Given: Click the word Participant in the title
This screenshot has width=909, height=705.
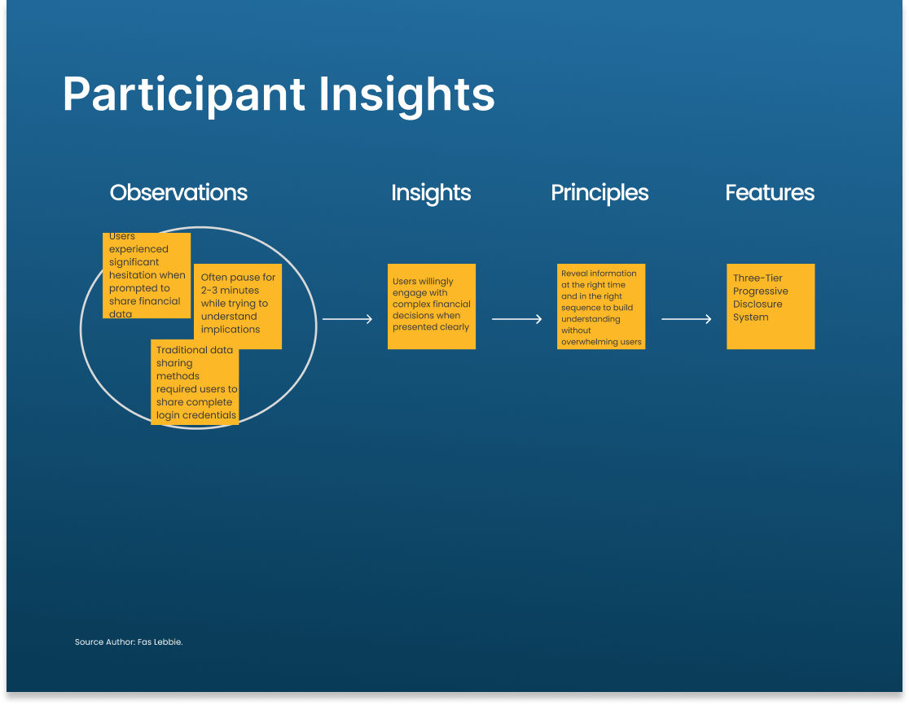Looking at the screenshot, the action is [x=184, y=95].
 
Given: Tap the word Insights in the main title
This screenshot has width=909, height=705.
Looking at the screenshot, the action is [x=407, y=95].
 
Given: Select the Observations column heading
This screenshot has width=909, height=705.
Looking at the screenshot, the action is [x=178, y=192].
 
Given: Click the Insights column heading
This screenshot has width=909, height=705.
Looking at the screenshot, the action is [x=431, y=194].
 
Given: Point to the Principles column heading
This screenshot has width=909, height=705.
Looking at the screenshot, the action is [x=599, y=194].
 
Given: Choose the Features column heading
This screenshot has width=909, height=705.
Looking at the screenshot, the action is [x=770, y=192].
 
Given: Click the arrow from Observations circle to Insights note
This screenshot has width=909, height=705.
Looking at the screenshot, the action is [x=347, y=318].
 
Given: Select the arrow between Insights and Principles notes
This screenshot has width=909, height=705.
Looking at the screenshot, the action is [x=516, y=318].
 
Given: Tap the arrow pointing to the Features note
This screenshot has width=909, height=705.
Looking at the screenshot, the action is [x=687, y=318].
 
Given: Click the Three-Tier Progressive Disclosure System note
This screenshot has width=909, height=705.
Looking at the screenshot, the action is [x=771, y=306].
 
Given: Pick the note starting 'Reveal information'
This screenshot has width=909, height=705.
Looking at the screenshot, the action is [x=601, y=306].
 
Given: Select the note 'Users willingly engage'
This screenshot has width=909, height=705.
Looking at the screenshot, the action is [x=432, y=306].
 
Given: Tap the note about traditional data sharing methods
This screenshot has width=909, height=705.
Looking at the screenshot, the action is [x=195, y=383].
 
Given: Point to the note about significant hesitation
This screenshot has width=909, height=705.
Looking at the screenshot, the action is [x=147, y=276].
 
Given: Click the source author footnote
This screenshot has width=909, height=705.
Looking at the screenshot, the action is [x=129, y=642].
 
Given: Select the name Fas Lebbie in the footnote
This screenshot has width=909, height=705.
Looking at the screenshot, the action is [x=160, y=642].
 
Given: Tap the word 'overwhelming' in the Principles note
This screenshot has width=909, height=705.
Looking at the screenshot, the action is [x=586, y=342].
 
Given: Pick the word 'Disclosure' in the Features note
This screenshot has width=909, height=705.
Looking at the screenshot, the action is [x=757, y=304].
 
